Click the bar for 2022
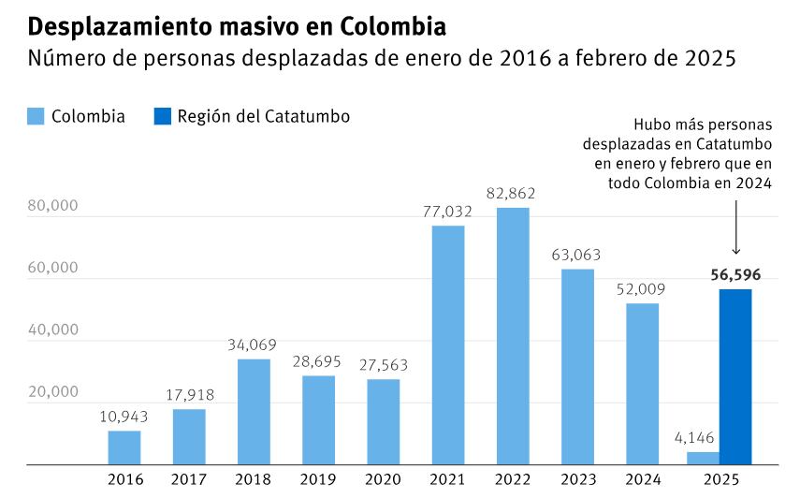click(x=513, y=335)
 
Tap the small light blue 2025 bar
click(x=703, y=458)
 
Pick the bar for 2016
click(x=124, y=447)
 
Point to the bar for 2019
click(x=318, y=419)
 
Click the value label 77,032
click(x=447, y=212)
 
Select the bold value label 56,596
click(x=735, y=275)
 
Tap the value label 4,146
click(x=694, y=438)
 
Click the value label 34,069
click(x=253, y=345)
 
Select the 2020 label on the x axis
click(x=383, y=479)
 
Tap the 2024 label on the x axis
click(x=642, y=479)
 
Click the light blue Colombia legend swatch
click(x=36, y=116)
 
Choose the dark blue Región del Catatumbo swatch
click(x=162, y=116)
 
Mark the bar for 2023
click(x=577, y=366)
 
